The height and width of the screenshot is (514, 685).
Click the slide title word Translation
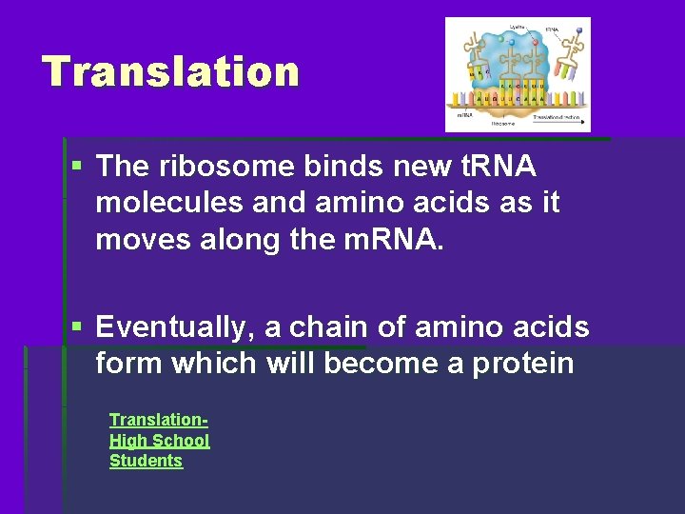(170, 72)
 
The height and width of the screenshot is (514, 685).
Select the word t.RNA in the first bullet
(499, 167)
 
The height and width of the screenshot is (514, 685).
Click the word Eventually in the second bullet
(174, 327)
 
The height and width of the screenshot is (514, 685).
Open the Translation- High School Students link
(159, 440)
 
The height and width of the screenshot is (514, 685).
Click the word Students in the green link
(146, 461)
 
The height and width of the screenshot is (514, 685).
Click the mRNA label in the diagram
(464, 114)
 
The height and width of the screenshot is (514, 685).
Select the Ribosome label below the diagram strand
(503, 123)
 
